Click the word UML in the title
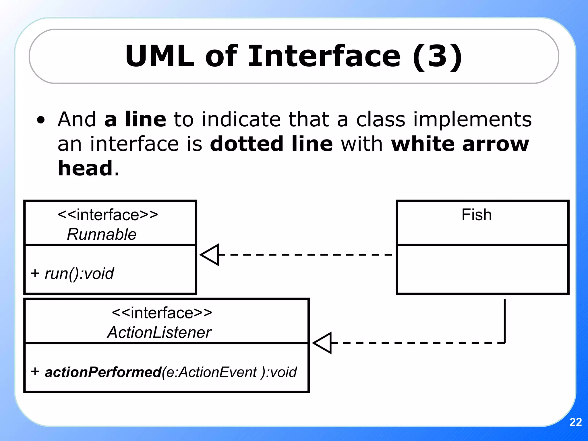(x=160, y=56)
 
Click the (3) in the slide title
(x=437, y=56)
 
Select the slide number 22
(x=575, y=422)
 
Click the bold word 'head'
(x=85, y=168)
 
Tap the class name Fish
(x=476, y=215)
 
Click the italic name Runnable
(x=101, y=234)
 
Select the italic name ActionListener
(x=159, y=332)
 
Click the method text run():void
(x=79, y=273)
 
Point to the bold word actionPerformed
(x=103, y=372)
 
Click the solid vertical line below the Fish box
(x=504, y=320)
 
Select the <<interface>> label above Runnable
(x=108, y=215)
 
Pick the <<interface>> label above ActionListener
(x=162, y=313)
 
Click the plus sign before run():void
(x=35, y=273)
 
